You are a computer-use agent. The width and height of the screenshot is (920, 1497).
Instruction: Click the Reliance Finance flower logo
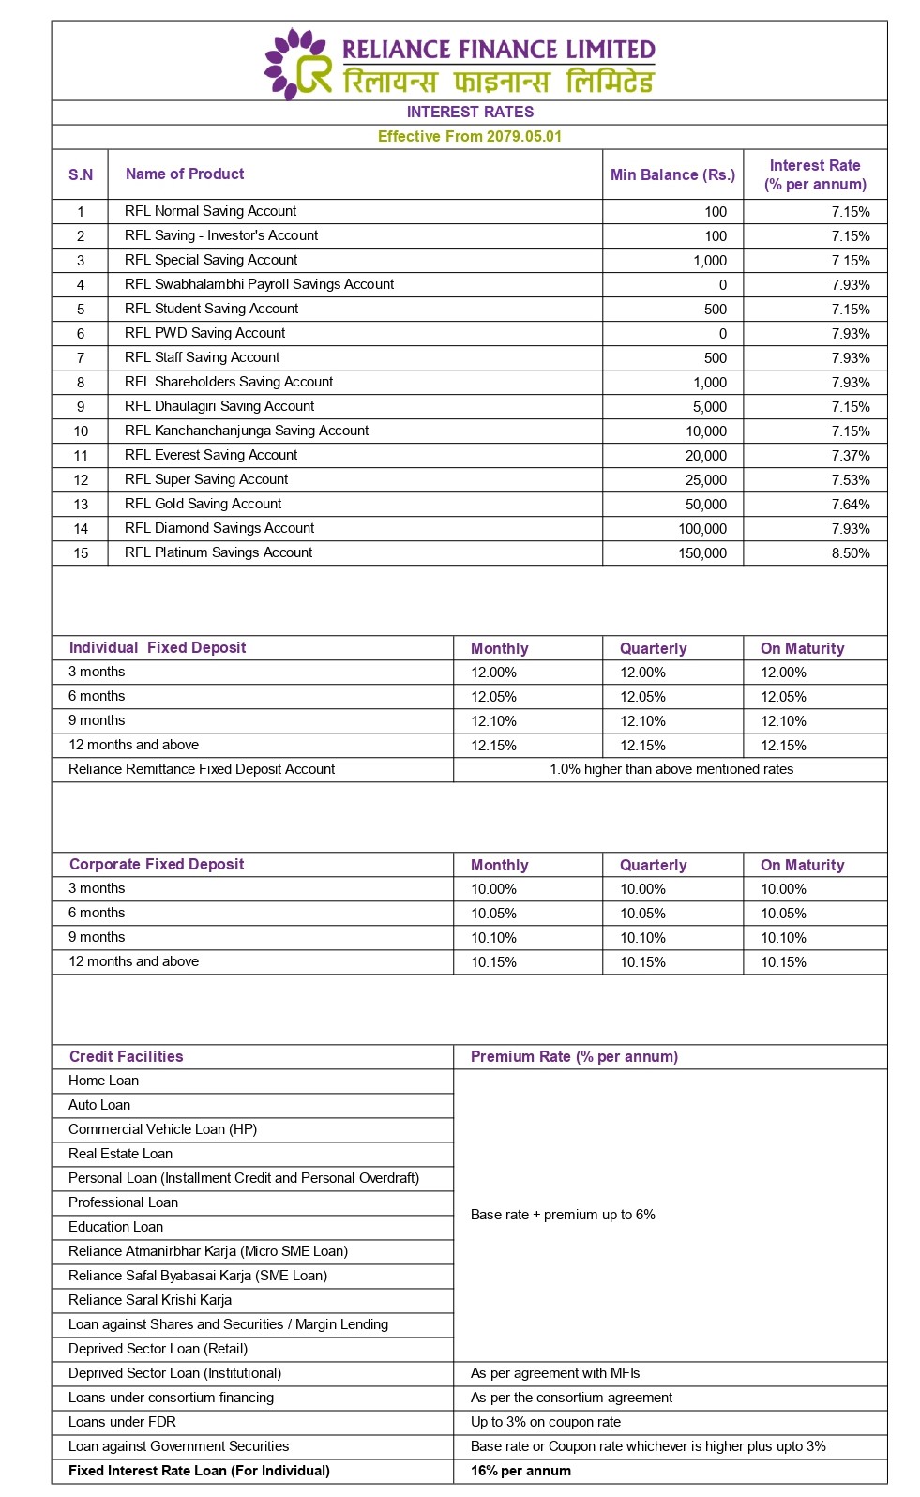click(x=297, y=64)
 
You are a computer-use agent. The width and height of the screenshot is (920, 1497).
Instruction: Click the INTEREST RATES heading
click(x=470, y=112)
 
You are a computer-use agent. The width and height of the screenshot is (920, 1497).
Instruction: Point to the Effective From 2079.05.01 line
click(x=470, y=136)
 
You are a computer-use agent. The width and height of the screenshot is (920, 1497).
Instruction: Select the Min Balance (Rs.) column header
click(x=672, y=174)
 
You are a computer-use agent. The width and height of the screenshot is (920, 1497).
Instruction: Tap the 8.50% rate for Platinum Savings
click(x=851, y=553)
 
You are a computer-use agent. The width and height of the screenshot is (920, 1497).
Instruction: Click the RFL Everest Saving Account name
click(x=211, y=455)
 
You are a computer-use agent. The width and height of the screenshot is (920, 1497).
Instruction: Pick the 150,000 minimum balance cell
click(x=702, y=553)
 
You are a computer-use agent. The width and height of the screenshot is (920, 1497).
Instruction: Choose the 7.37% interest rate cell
click(x=851, y=456)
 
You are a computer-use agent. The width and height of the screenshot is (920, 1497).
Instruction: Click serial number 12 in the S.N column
click(x=81, y=480)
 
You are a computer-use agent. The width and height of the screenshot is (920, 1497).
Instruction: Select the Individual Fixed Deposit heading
click(x=158, y=647)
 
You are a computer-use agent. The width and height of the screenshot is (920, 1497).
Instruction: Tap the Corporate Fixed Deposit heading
click(x=157, y=864)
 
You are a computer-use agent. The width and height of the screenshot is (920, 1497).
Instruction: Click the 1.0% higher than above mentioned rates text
click(x=671, y=769)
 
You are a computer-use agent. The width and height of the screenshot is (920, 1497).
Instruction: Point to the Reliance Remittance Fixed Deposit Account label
click(x=202, y=769)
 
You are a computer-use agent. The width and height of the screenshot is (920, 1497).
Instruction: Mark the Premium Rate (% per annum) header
click(x=574, y=1056)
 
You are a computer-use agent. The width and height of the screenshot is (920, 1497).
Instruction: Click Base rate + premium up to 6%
click(x=563, y=1215)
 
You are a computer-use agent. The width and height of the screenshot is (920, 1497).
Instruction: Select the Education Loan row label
click(x=115, y=1227)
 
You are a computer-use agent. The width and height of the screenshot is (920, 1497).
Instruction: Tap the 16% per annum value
click(x=520, y=1471)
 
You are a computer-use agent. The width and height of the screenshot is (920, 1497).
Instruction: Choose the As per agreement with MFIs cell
click(x=555, y=1373)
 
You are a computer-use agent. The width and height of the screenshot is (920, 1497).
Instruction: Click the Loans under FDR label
click(x=122, y=1422)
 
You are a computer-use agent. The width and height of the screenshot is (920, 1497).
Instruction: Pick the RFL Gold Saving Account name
click(x=203, y=504)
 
